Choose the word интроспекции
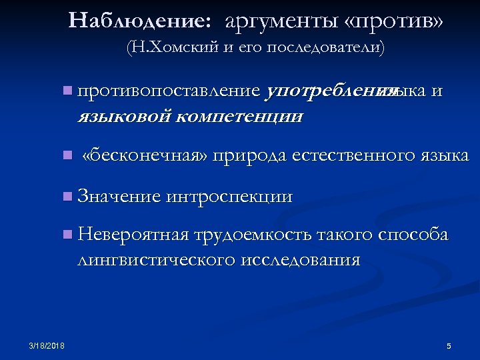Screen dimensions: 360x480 click(x=230, y=196)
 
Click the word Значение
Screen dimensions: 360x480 click(x=119, y=196)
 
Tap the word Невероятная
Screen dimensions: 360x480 click(x=133, y=235)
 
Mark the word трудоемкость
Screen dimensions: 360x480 click(x=253, y=235)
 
